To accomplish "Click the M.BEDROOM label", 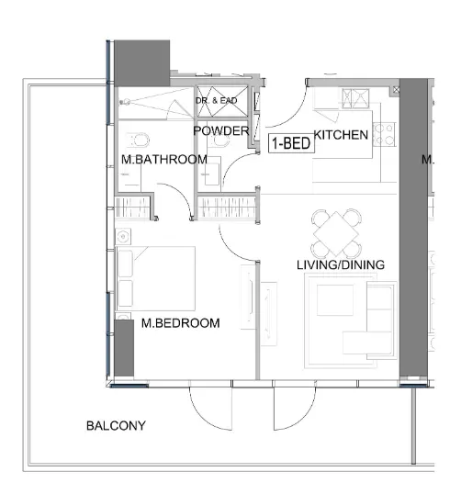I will (181, 323).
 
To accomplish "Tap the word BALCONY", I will (115, 426).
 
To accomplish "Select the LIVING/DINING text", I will (340, 265).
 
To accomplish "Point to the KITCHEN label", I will (341, 136).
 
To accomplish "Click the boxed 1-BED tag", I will (289, 142).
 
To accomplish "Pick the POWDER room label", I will (220, 131).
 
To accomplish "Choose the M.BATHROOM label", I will (164, 160).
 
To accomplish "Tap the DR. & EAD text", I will (217, 100).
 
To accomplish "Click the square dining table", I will (337, 233).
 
